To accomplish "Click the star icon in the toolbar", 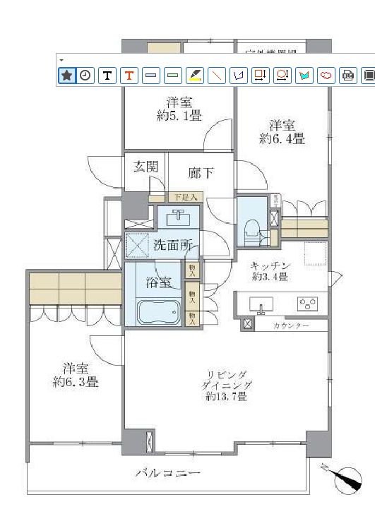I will click(66, 75).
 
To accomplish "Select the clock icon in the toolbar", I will click(85, 75).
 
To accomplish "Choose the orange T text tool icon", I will click(129, 75).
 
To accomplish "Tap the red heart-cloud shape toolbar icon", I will click(326, 75).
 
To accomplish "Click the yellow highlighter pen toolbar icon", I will click(195, 75).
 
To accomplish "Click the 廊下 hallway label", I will click(201, 172).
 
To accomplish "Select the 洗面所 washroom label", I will click(173, 246).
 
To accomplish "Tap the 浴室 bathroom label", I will click(158, 283).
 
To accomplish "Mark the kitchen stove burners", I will click(309, 304).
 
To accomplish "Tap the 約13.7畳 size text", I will click(226, 397).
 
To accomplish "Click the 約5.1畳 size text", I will click(179, 114).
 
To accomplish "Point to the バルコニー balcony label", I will click(167, 474).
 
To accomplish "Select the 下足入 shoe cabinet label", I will click(185, 198).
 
